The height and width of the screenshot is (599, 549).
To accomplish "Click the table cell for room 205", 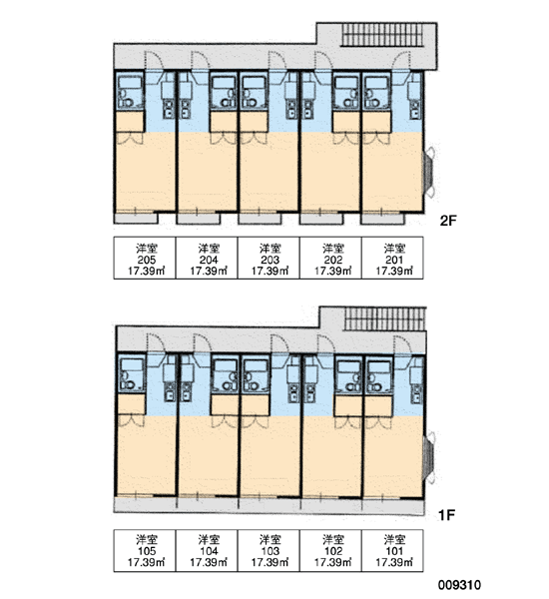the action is [145, 258].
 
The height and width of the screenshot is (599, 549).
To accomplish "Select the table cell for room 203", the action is [269, 258].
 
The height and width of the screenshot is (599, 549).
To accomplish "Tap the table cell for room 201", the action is [392, 258].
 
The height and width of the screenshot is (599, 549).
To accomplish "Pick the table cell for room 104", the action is [207, 550].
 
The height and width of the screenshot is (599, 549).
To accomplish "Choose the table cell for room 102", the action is [330, 550].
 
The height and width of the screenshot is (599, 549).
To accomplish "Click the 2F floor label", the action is [448, 221].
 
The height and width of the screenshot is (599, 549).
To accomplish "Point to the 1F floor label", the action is [446, 515].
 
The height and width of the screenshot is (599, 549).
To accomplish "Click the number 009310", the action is [459, 585].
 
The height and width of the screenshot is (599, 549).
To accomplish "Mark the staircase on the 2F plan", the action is [383, 35].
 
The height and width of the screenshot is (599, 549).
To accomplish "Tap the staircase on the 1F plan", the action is [385, 318].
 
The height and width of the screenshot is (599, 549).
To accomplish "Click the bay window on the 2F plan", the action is [428, 172].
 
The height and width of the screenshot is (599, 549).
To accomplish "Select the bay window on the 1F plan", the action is [429, 457].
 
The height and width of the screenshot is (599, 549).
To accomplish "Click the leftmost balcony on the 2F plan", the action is [136, 218].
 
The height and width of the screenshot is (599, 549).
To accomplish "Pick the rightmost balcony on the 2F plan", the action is [383, 218].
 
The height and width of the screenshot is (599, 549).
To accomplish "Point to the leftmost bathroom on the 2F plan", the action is [130, 92].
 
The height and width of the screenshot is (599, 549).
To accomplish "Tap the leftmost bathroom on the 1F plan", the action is [132, 373].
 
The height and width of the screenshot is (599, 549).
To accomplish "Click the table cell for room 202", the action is [330, 258].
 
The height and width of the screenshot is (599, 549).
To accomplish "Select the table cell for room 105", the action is [145, 550].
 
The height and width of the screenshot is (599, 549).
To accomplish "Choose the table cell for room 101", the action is [392, 550].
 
